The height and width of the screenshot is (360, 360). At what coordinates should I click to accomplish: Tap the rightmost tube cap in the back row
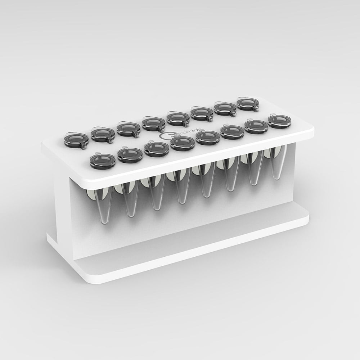coord(247,104)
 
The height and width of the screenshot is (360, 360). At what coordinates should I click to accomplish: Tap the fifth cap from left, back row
coord(176,118)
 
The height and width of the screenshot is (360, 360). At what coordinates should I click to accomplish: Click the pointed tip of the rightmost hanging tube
coord(276,177)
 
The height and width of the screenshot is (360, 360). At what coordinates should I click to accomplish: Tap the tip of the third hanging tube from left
coord(156,208)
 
